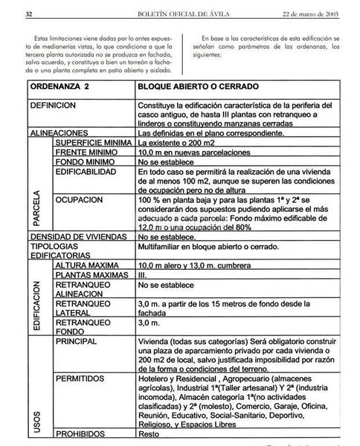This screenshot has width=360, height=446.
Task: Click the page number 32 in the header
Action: [x=28, y=14]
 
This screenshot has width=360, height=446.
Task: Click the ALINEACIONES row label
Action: [x=57, y=132]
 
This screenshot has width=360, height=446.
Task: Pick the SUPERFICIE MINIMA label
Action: [x=93, y=141]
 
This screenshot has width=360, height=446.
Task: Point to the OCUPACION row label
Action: [x=79, y=200]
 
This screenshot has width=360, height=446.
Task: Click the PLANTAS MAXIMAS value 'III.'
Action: [x=144, y=275]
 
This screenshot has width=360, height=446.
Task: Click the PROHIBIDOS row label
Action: [x=81, y=433]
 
